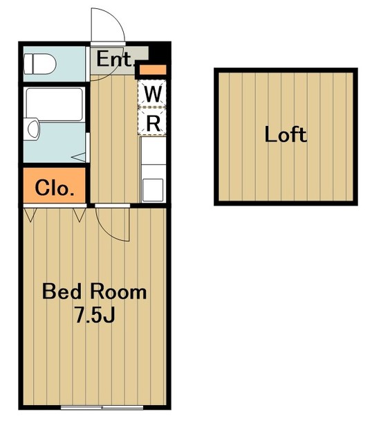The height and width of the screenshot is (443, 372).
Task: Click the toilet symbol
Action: click(39, 64)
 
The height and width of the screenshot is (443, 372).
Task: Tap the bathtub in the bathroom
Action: click(55, 105)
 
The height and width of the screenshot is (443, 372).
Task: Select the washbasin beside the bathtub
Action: click(32, 129)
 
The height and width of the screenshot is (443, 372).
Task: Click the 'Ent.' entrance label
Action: click(115, 59)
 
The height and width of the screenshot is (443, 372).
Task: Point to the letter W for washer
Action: click(153, 94)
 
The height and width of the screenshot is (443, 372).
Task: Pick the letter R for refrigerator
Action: click(153, 123)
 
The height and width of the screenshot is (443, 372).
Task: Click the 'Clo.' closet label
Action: click(55, 188)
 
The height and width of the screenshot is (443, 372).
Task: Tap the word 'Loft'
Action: click(286, 134)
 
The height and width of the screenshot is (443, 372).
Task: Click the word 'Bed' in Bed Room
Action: click(62, 291)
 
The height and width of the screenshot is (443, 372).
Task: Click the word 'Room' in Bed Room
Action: click(118, 292)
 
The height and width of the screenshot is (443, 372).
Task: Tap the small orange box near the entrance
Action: click(153, 69)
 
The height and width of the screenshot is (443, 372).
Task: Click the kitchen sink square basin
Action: click(153, 190)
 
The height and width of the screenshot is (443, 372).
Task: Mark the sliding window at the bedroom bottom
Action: click(102, 408)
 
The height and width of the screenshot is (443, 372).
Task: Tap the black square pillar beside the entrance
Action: click(160, 53)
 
